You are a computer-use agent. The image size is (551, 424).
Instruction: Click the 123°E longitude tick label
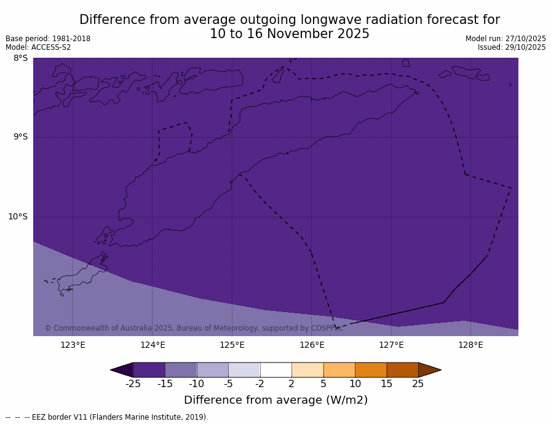pyautogui.click(x=73, y=345)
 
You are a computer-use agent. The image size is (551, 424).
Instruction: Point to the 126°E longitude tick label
pyautogui.click(x=312, y=345)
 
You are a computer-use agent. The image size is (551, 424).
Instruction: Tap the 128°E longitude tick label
pyautogui.click(x=470, y=345)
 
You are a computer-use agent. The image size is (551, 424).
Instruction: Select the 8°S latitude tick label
pyautogui.click(x=20, y=58)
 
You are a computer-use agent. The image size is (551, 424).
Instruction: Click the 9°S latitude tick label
pyautogui.click(x=20, y=137)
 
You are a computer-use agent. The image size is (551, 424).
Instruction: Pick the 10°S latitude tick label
pyautogui.click(x=18, y=216)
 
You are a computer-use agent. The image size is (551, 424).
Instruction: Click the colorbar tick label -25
pyautogui.click(x=133, y=384)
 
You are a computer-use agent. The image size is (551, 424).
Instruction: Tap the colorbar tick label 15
pyautogui.click(x=386, y=384)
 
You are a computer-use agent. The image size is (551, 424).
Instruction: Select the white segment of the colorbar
pyautogui.click(x=275, y=370)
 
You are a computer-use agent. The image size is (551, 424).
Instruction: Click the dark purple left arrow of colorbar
pyautogui.click(x=122, y=370)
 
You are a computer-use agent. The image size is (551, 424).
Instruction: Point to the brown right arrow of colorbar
pyautogui.click(x=429, y=370)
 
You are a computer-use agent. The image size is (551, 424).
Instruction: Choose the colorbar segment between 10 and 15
pyautogui.click(x=371, y=370)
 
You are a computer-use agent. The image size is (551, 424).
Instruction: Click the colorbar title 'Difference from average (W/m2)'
pyautogui.click(x=275, y=400)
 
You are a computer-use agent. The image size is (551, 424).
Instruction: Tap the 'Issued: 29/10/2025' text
pyautogui.click(x=512, y=47)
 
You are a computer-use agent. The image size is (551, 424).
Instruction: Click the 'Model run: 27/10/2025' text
pyautogui.click(x=505, y=39)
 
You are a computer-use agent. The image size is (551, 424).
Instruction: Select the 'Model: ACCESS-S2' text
pyautogui.click(x=38, y=47)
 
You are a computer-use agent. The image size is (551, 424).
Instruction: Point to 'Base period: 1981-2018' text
pyautogui.click(x=48, y=39)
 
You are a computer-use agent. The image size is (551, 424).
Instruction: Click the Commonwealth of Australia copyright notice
pyautogui.click(x=193, y=328)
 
